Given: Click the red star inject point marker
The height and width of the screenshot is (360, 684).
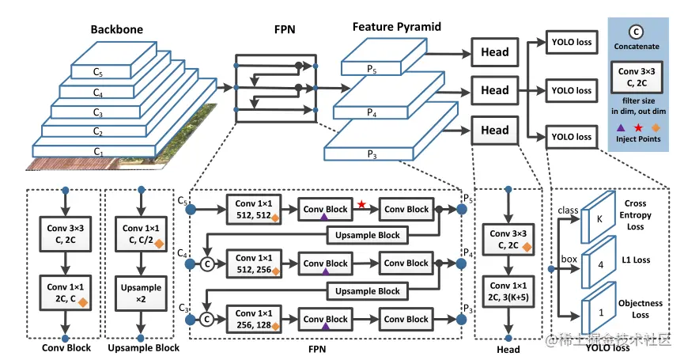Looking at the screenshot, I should click(361, 205).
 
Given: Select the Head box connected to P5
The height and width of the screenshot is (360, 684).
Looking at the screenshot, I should click(494, 53).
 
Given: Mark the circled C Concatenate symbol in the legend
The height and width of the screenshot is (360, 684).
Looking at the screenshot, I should click(637, 33).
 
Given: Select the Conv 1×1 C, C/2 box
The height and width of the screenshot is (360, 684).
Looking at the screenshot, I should click(140, 233).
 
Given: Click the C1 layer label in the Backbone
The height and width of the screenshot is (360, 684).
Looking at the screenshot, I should click(98, 151).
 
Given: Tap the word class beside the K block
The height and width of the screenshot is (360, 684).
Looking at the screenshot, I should click(568, 211).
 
